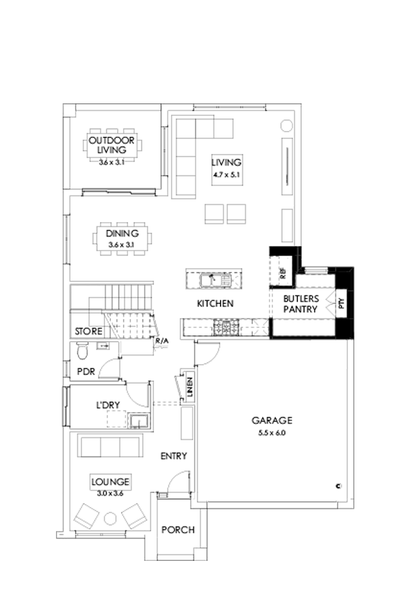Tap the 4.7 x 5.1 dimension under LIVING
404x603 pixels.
[226, 174]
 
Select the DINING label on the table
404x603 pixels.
[122, 234]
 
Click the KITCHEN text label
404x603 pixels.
[215, 304]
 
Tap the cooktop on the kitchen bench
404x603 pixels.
[223, 328]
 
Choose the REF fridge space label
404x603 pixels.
[283, 274]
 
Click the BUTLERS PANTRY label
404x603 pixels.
[300, 304]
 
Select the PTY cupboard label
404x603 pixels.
[341, 302]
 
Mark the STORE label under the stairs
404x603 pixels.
[88, 332]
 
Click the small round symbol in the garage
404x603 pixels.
[337, 485]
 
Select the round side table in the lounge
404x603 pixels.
[110, 519]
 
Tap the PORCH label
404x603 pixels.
[177, 530]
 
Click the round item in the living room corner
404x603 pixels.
[286, 125]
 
